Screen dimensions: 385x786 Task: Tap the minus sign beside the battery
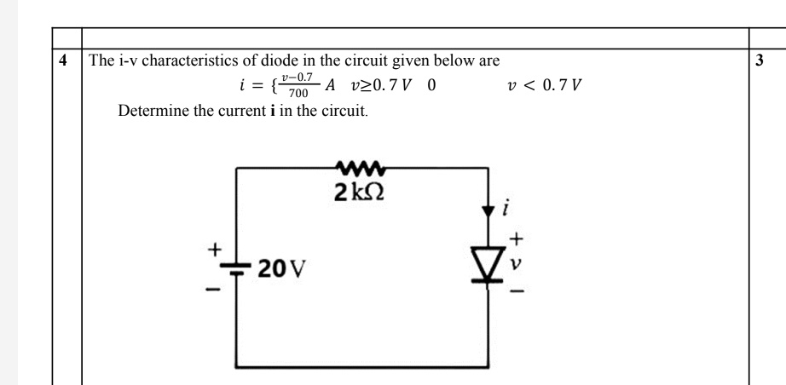[x=217, y=290]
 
